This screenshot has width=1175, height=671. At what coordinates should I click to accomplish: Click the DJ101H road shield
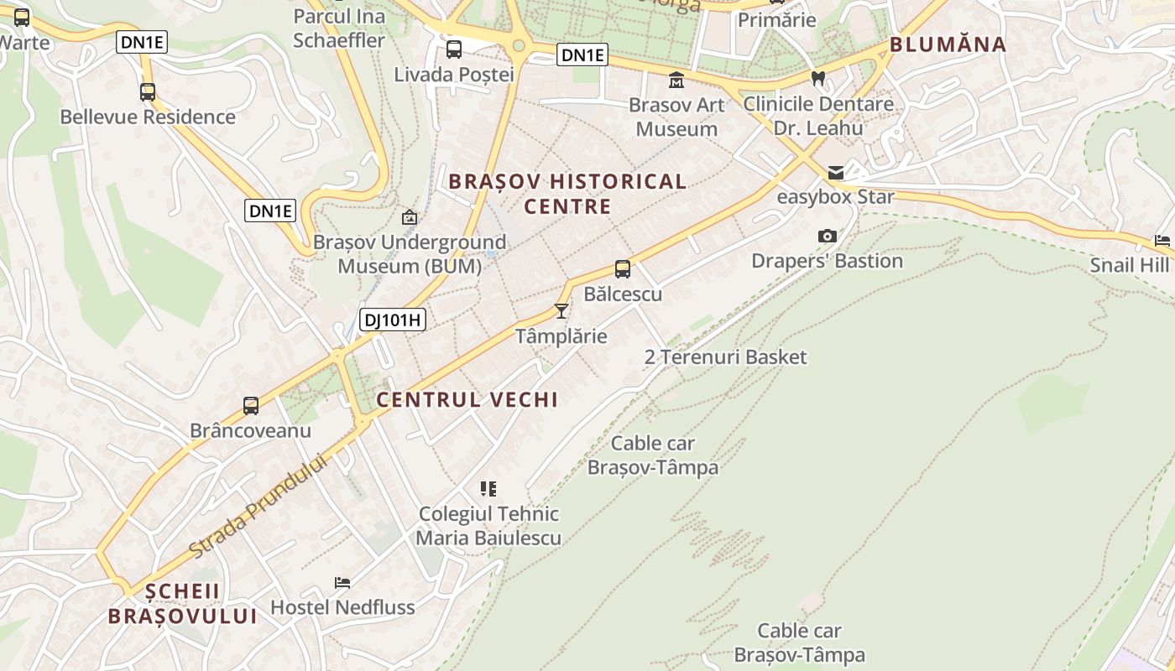pyautogui.click(x=393, y=320)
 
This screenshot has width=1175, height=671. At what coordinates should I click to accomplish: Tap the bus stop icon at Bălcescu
pyautogui.click(x=622, y=269)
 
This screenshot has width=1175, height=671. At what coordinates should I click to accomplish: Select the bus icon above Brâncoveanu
pyautogui.click(x=250, y=406)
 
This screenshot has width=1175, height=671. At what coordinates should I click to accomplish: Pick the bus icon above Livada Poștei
pyautogui.click(x=454, y=49)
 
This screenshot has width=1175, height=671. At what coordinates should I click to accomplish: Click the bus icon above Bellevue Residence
pyautogui.click(x=148, y=91)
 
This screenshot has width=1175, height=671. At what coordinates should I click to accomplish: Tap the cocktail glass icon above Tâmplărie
pyautogui.click(x=561, y=311)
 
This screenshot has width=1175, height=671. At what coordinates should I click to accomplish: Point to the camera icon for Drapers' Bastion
pyautogui.click(x=827, y=237)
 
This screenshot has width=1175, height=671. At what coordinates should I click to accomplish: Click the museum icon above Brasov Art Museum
pyautogui.click(x=676, y=81)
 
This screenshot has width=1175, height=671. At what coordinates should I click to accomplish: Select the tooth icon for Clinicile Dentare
pyautogui.click(x=817, y=78)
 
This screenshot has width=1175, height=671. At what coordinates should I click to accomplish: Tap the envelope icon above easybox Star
pyautogui.click(x=835, y=173)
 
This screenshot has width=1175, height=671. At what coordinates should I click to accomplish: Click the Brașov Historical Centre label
pyautogui.click(x=567, y=194)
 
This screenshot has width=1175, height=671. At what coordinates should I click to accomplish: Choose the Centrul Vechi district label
pyautogui.click(x=467, y=400)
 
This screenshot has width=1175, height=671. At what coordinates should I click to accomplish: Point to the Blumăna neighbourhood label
pyautogui.click(x=948, y=45)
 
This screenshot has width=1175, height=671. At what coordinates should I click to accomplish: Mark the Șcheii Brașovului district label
pyautogui.click(x=182, y=604)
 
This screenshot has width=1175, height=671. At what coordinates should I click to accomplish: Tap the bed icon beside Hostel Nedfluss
pyautogui.click(x=342, y=582)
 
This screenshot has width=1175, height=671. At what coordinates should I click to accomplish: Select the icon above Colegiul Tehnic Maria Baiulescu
pyautogui.click(x=488, y=488)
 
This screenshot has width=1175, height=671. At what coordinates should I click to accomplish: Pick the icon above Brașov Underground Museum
pyautogui.click(x=409, y=217)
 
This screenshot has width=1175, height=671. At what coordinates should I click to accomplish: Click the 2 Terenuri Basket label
pyautogui.click(x=725, y=357)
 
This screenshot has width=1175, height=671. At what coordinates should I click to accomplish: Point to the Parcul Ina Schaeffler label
pyautogui.click(x=339, y=28)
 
